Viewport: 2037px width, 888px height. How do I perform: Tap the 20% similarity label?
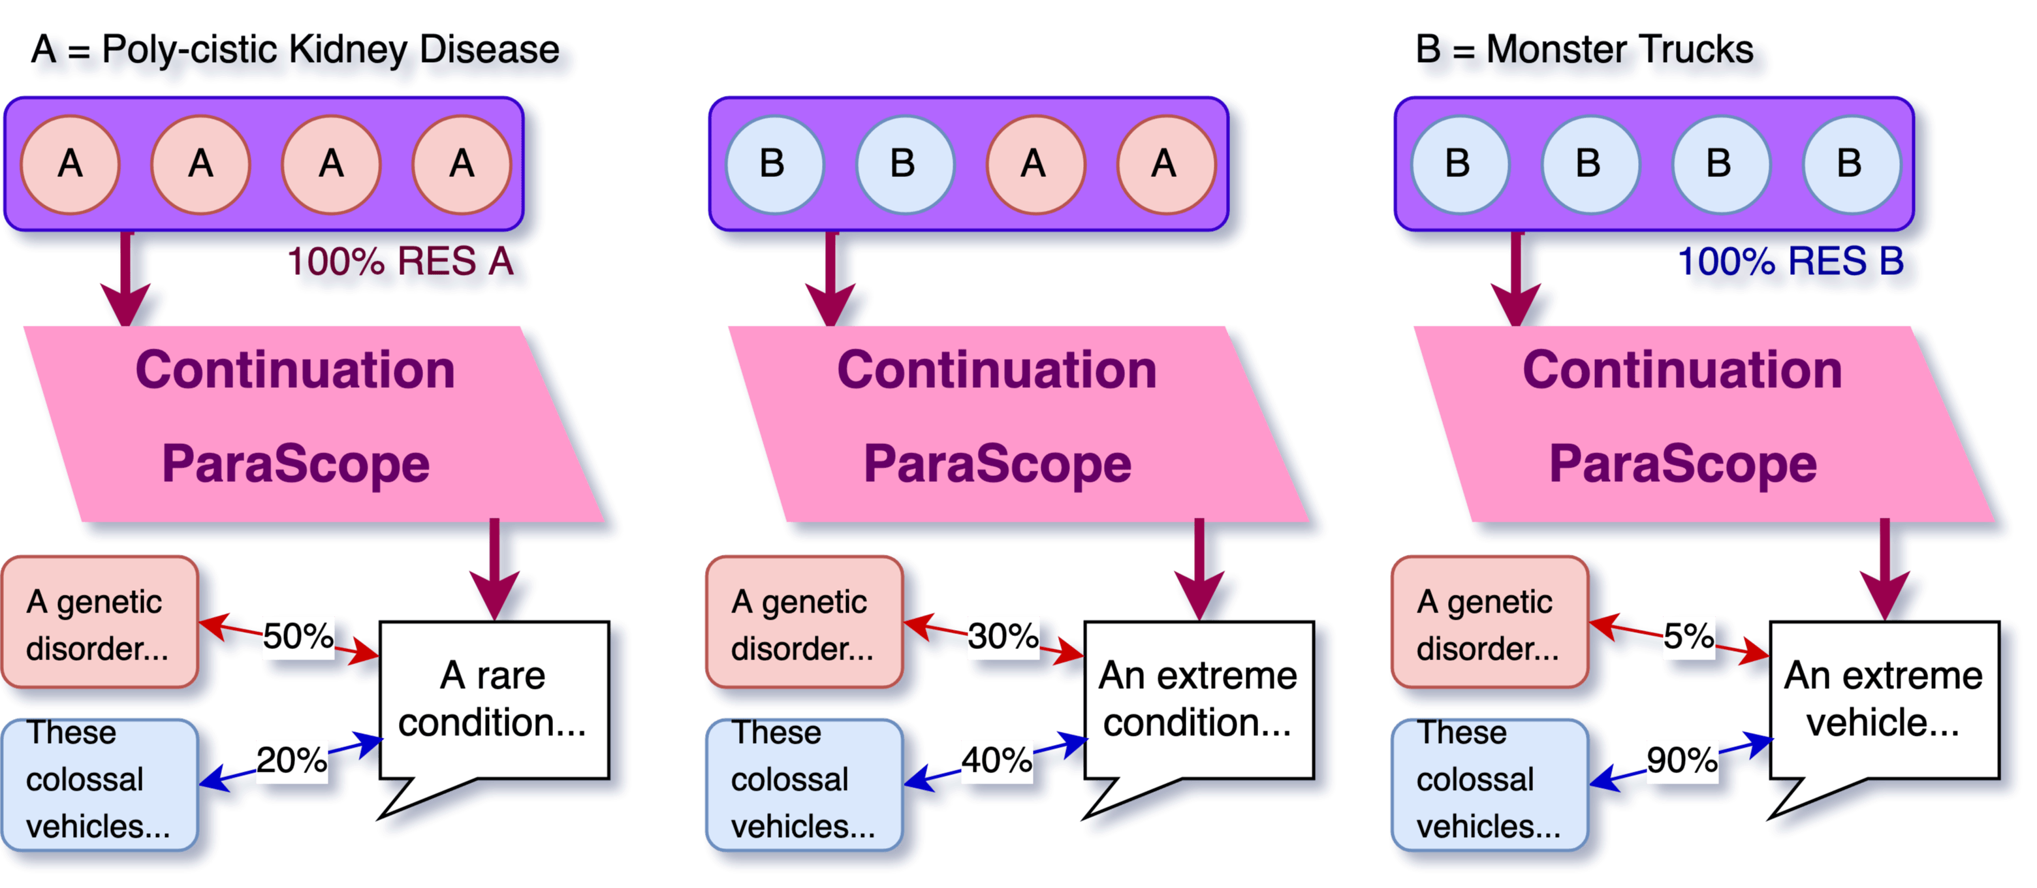tap(292, 761)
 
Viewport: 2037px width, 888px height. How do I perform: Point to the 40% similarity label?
tap(996, 761)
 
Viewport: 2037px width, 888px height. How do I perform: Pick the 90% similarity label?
tap(1682, 761)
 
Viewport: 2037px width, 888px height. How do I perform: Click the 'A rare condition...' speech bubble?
tap(494, 700)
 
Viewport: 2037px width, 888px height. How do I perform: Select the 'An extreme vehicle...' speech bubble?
tap(1884, 700)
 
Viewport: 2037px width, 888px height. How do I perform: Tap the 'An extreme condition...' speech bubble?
tap(1198, 700)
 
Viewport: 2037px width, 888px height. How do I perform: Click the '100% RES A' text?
tap(401, 262)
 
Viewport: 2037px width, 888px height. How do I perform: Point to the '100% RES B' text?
tap(1791, 262)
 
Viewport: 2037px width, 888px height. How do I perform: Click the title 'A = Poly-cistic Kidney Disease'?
tap(296, 52)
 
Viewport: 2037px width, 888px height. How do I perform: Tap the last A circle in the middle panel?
tap(1165, 165)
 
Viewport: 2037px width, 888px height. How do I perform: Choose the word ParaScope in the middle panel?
tap(997, 464)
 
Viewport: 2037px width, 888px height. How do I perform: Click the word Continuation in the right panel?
tap(1682, 370)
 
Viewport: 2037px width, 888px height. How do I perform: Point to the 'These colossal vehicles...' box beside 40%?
tap(804, 782)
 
